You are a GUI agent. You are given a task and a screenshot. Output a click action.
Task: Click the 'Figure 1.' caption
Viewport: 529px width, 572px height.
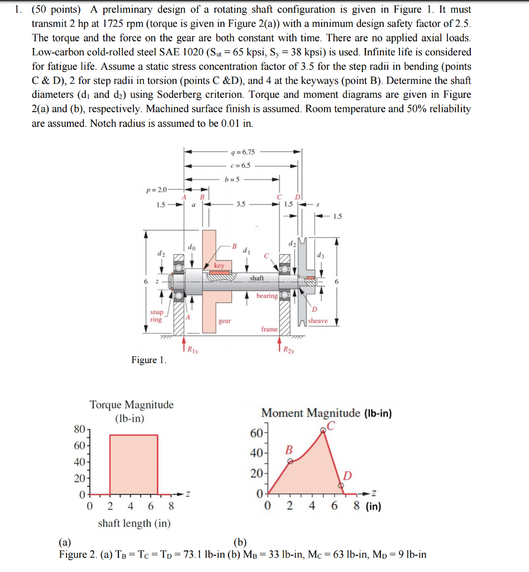149,360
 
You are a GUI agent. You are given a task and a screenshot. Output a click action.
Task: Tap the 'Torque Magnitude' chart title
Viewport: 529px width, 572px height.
132,404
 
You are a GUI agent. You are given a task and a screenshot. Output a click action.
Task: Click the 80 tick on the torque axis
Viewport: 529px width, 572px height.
79,430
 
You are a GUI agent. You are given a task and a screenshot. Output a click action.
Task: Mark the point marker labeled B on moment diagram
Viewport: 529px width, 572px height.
289,462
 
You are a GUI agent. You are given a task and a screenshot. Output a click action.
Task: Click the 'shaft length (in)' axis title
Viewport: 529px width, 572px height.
134,523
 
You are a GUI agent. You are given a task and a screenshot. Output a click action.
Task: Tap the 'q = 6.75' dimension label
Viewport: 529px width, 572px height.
242,151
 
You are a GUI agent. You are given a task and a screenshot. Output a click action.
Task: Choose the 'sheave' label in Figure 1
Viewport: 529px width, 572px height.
318,321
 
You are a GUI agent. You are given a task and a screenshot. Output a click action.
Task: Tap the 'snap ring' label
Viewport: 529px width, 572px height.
156,316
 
